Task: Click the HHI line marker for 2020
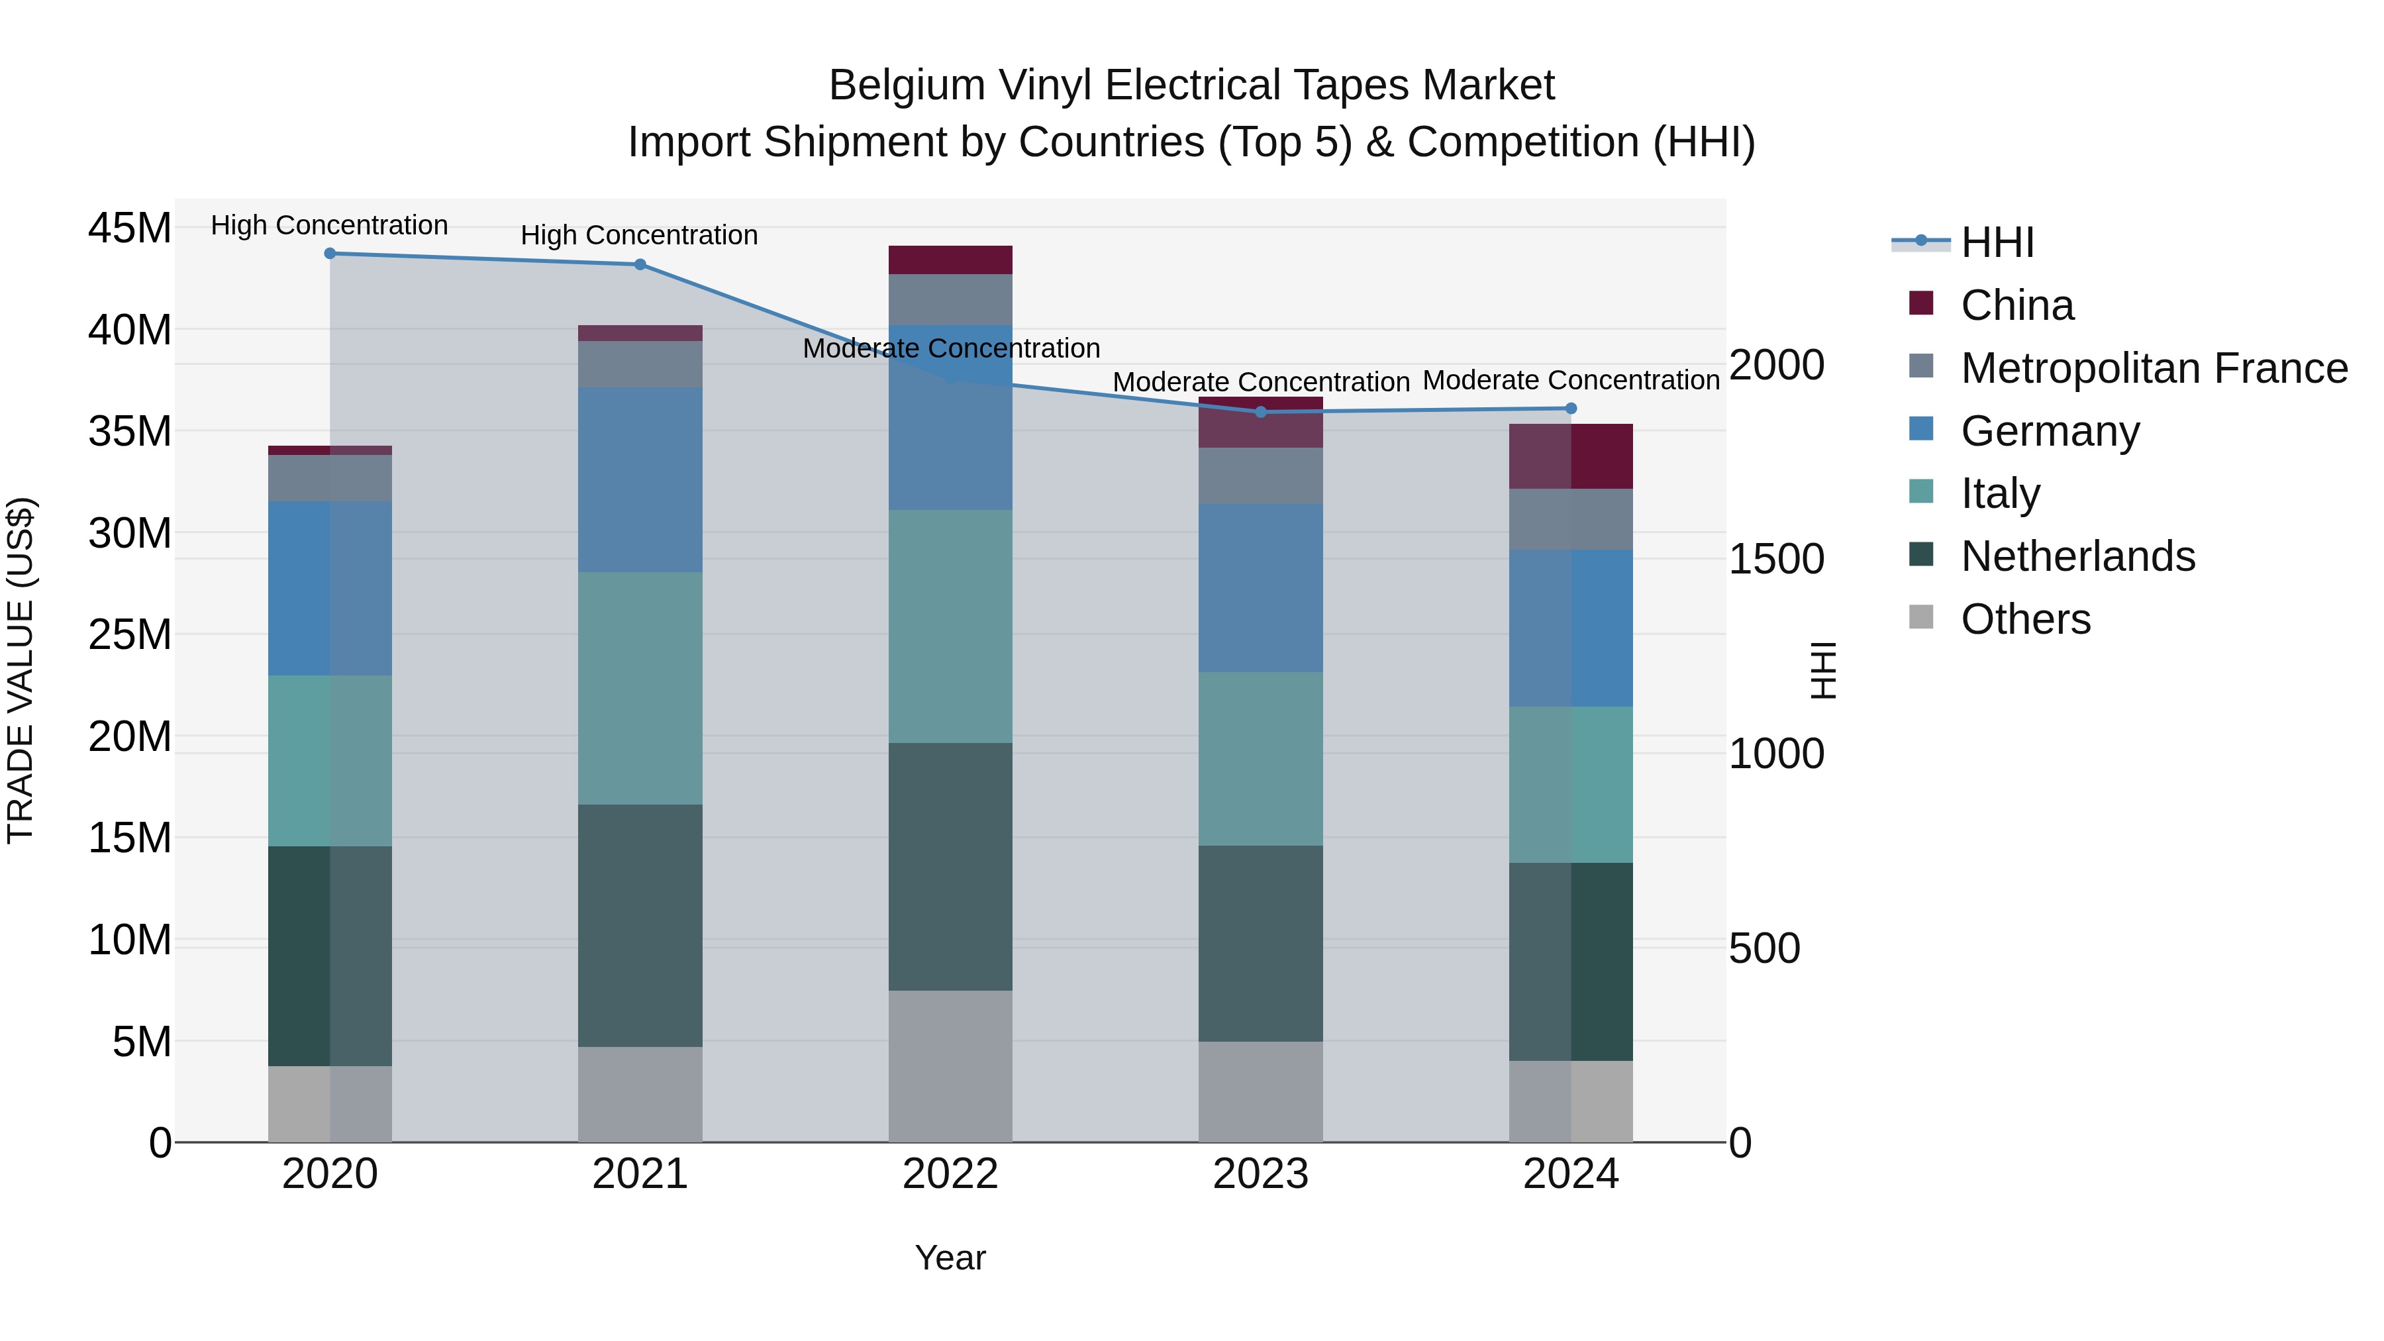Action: pyautogui.click(x=330, y=254)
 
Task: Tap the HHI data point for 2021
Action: pyautogui.click(x=640, y=265)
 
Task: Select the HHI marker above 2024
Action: pyautogui.click(x=1571, y=408)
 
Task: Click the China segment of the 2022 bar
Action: pyautogui.click(x=950, y=260)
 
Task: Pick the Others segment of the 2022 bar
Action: pyautogui.click(x=950, y=1066)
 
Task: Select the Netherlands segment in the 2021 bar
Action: pyautogui.click(x=640, y=926)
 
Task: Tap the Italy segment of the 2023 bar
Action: pyautogui.click(x=1260, y=759)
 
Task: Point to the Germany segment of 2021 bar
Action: pyautogui.click(x=640, y=479)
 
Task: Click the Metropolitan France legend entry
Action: pyautogui.click(x=2154, y=368)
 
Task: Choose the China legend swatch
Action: pyautogui.click(x=1921, y=303)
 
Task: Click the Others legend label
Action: pyautogui.click(x=2025, y=619)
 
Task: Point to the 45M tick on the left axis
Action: pyautogui.click(x=130, y=228)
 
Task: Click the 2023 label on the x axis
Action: pyautogui.click(x=1260, y=1174)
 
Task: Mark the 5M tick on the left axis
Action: pyautogui.click(x=142, y=1042)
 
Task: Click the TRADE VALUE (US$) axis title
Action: pyautogui.click(x=21, y=670)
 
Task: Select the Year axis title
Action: pyautogui.click(x=950, y=1258)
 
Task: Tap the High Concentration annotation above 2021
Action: pyautogui.click(x=640, y=235)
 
